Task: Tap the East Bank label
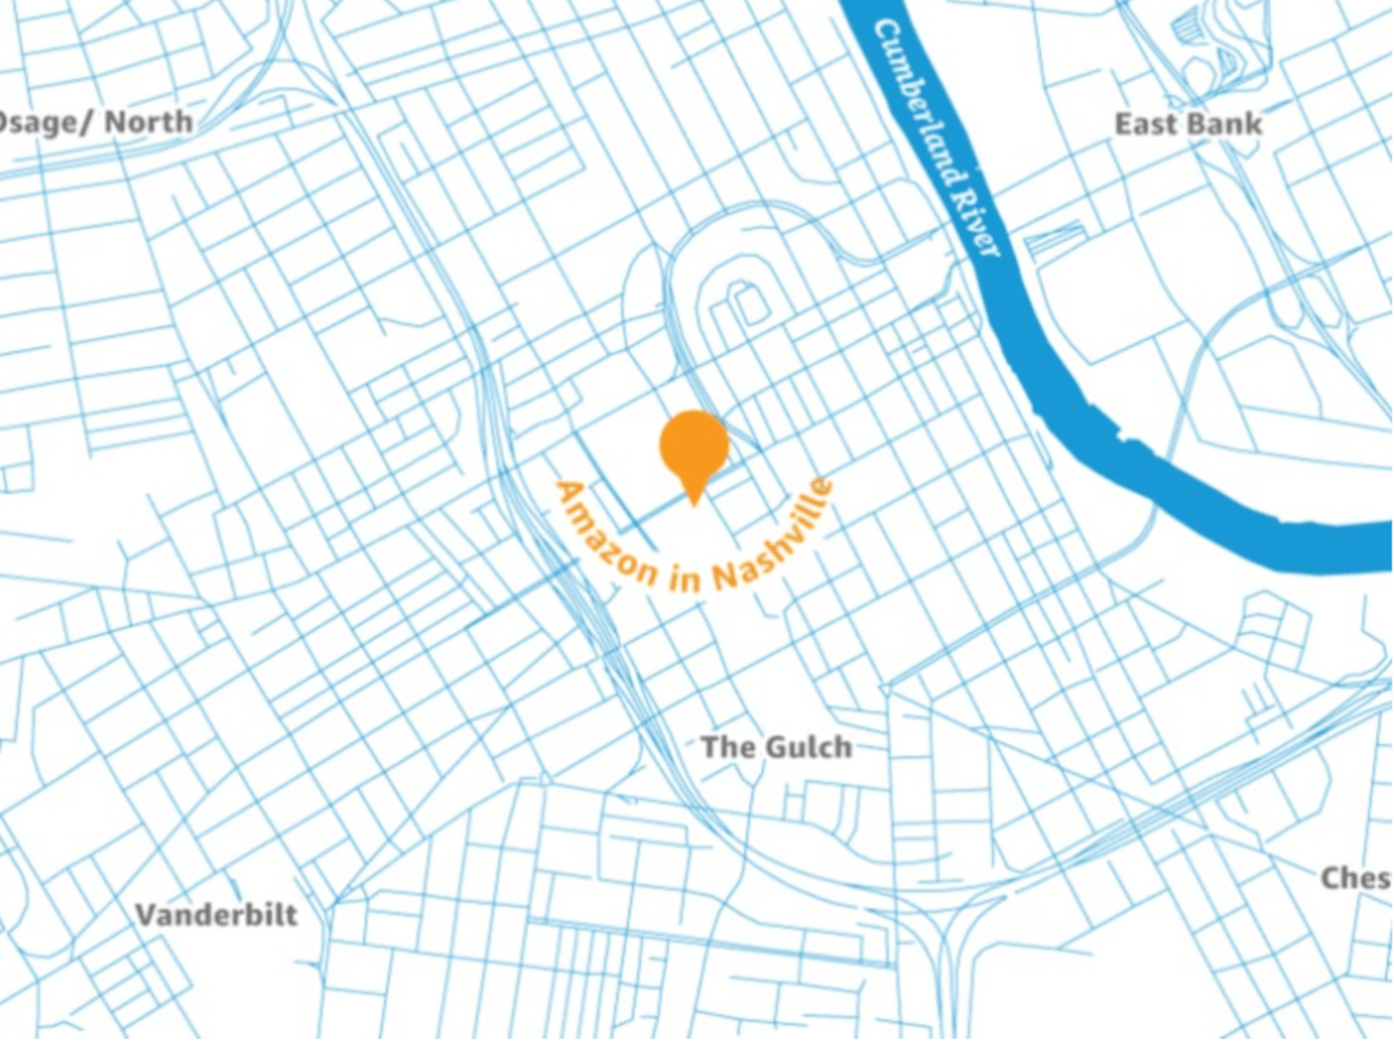click(1188, 124)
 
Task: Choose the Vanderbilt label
click(217, 915)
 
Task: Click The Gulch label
click(776, 747)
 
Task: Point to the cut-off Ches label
click(1355, 878)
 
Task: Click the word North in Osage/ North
click(149, 122)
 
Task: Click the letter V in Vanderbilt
click(146, 915)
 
